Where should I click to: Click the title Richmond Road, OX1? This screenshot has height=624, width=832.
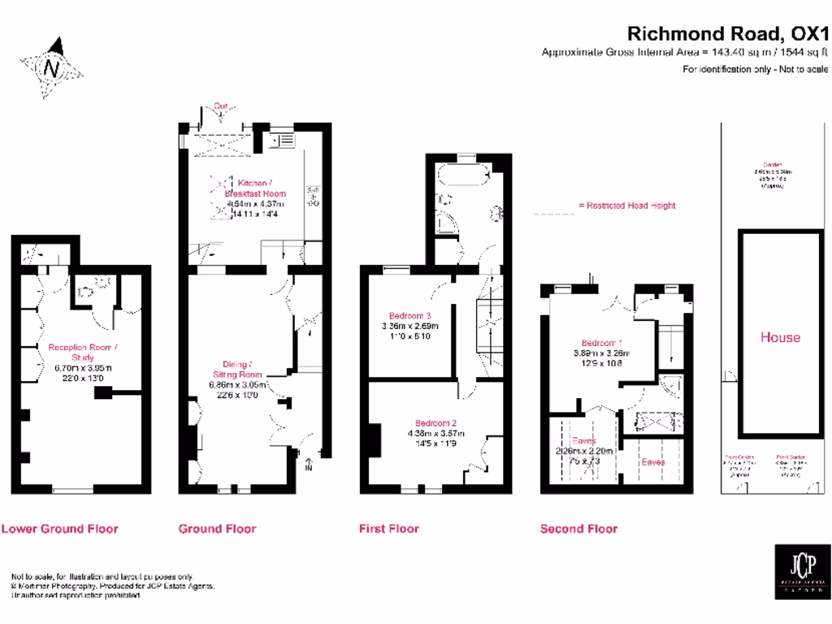point(727,33)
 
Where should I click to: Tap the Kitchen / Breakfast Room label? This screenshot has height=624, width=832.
point(256,188)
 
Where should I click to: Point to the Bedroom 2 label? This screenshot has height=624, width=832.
point(436,423)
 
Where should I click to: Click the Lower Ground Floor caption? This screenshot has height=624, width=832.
point(60,529)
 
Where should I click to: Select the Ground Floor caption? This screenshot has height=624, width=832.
point(218,529)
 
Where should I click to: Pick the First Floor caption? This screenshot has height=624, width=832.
point(389,529)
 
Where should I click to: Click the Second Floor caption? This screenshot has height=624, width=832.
point(578,529)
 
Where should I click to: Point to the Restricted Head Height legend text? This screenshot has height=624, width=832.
point(626,206)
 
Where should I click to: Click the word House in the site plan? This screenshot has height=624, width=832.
point(780,337)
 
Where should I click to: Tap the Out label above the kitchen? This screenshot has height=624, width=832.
point(220,106)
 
